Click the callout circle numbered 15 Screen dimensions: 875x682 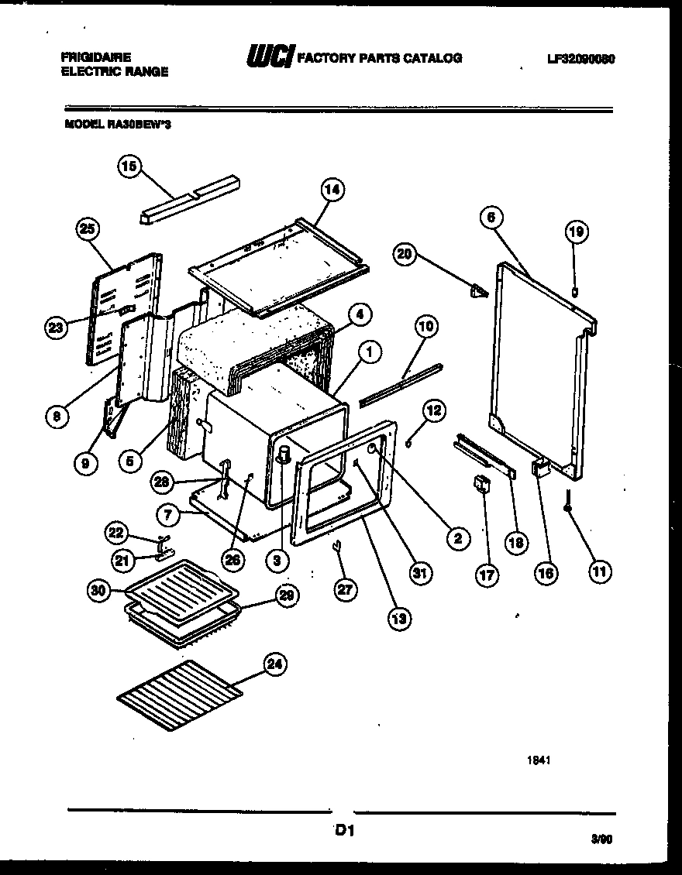[x=129, y=166]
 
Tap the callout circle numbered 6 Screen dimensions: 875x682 [x=489, y=218]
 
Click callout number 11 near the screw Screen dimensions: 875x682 [x=599, y=571]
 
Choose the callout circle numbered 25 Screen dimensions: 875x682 [x=89, y=228]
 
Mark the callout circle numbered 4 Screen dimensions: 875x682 [x=359, y=314]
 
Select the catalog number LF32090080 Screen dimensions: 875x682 [x=580, y=58]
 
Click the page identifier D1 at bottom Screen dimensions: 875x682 [x=344, y=832]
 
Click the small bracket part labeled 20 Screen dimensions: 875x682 [x=478, y=291]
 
